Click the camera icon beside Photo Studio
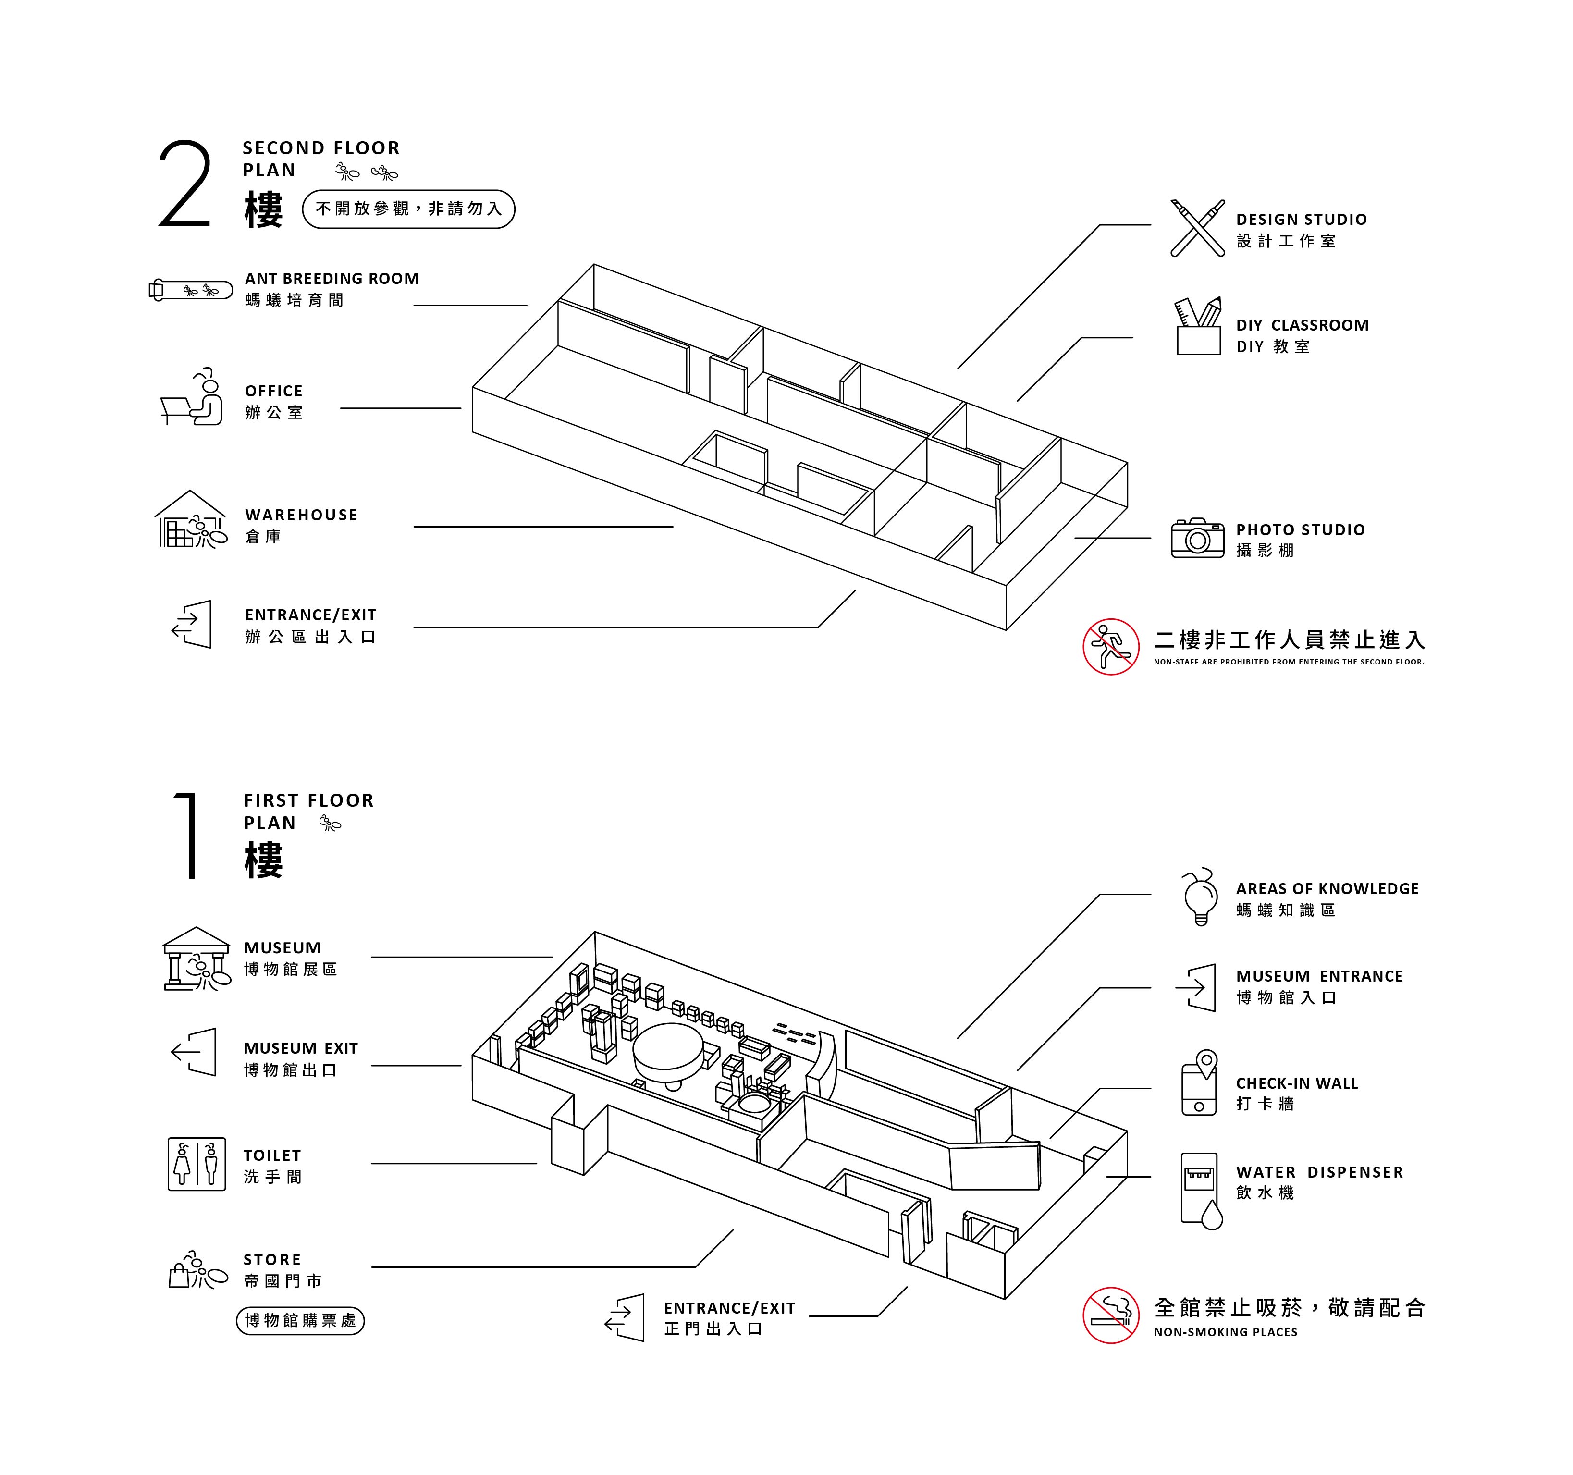point(1197,539)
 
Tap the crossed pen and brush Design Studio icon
point(1197,228)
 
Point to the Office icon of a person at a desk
point(192,398)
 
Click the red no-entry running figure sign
point(1111,647)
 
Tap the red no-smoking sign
point(1111,1315)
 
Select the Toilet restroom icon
point(196,1164)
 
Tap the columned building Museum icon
point(196,959)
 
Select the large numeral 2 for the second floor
point(185,184)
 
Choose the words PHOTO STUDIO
point(1300,529)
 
